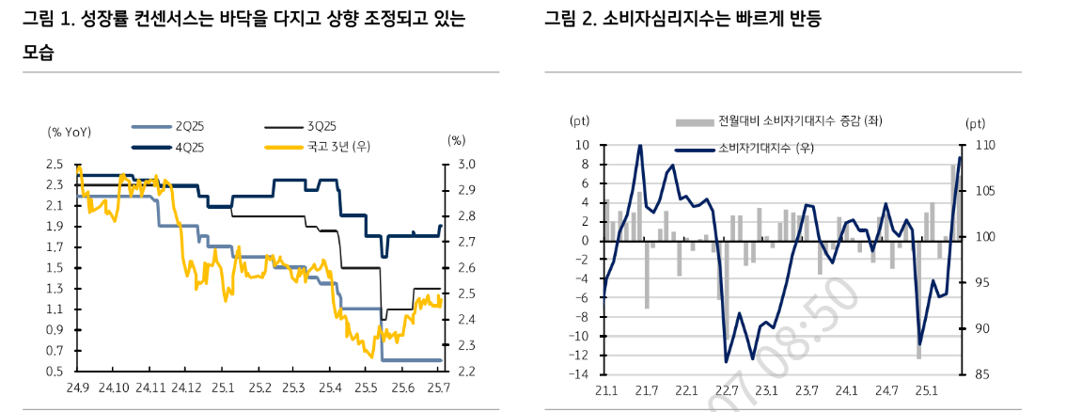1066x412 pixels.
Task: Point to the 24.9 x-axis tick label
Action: click(x=77, y=388)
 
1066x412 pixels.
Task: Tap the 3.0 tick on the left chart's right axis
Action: click(x=467, y=165)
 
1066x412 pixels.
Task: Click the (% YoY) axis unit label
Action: click(x=69, y=132)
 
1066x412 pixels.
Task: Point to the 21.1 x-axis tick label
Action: click(x=604, y=390)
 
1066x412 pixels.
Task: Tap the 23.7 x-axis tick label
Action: click(x=806, y=390)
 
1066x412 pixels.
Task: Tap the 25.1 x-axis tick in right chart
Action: click(x=926, y=390)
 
